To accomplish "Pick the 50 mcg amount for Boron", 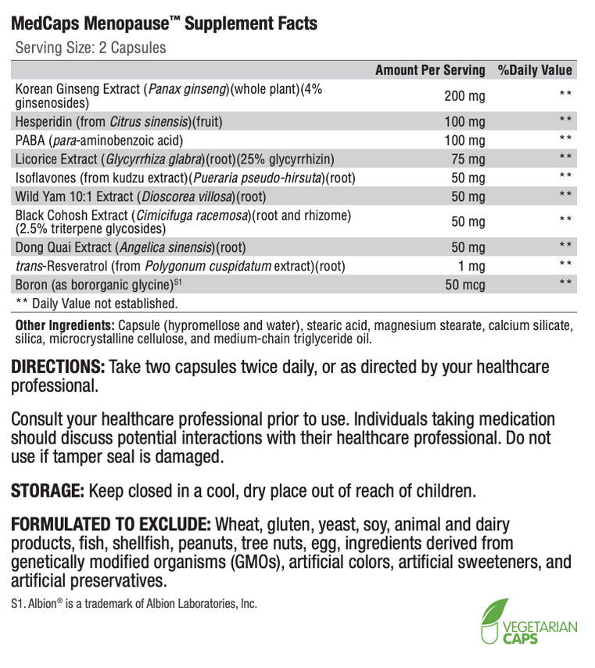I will click(466, 284).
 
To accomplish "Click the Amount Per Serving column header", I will click(430, 70).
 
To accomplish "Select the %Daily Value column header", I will click(535, 70).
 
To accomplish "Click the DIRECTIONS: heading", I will click(58, 367).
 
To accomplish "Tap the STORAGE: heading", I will click(48, 491).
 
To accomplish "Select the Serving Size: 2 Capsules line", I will click(91, 48).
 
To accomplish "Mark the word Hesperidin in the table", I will click(45, 122).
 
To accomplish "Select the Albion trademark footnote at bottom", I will click(134, 604).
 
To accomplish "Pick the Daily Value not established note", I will click(96, 302).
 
